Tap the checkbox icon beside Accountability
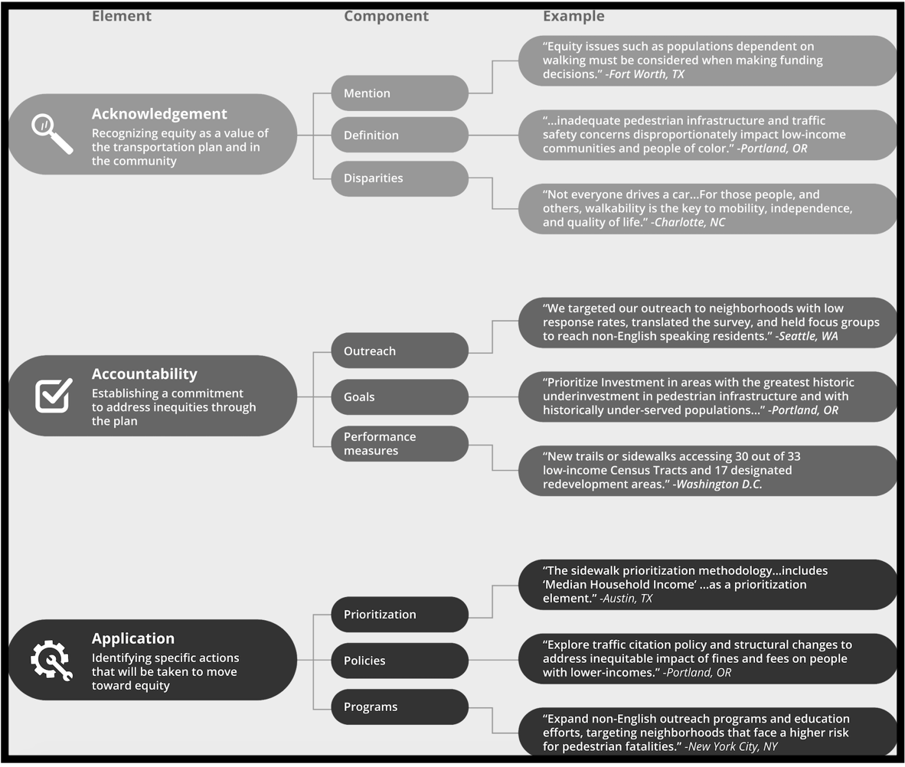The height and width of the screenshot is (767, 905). coord(54,395)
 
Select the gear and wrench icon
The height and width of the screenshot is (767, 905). coord(51,661)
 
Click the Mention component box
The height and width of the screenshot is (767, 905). coord(400,93)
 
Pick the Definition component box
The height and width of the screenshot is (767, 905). coord(400,135)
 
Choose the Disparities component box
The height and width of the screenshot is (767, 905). coord(400,178)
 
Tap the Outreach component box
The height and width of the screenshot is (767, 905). coord(400,351)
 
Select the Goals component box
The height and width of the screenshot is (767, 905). coord(400,397)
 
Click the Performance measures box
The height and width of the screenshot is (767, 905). coord(400,444)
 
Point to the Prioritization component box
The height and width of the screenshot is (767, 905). coord(400,614)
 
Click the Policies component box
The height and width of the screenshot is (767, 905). coord(400,661)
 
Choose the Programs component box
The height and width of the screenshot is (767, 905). coord(400,707)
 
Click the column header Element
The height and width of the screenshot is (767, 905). coord(121,15)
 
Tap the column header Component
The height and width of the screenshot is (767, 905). coord(386,16)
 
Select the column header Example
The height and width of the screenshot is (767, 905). coord(573,16)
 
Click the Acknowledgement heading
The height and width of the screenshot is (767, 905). coord(159,114)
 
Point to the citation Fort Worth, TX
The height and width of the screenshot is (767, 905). coord(645,74)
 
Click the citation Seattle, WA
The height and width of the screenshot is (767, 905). coord(806,336)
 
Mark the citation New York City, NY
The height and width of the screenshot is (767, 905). coord(730,746)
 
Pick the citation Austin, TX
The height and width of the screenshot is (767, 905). coord(626,599)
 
